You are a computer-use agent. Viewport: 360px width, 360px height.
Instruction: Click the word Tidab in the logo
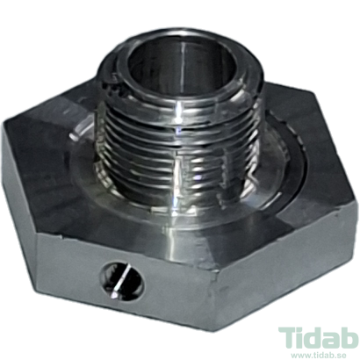[318, 339]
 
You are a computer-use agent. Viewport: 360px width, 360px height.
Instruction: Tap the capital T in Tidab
[288, 340]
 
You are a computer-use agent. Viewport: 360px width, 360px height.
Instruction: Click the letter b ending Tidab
[349, 339]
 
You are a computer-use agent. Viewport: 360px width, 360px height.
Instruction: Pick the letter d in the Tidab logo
[313, 339]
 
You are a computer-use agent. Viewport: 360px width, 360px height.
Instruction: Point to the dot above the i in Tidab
[299, 328]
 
